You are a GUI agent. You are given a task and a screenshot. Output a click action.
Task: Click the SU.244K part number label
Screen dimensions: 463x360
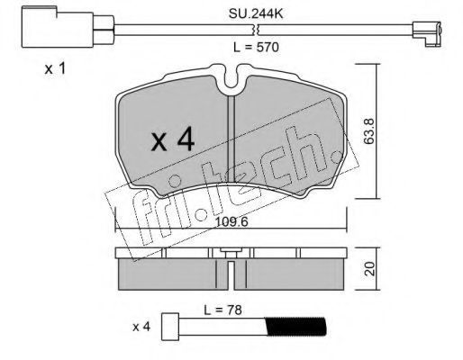coord(256,13)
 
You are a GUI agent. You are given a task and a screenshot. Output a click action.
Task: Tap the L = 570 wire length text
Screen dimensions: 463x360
coord(256,47)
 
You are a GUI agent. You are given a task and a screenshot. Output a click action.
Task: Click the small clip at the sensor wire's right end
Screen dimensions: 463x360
coord(427,34)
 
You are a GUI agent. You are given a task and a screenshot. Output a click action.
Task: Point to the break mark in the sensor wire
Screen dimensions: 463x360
coord(256,30)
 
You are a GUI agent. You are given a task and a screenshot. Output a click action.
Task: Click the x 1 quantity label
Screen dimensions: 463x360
coord(55,69)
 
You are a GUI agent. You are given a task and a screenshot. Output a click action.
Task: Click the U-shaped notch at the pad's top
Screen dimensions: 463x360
coord(231,78)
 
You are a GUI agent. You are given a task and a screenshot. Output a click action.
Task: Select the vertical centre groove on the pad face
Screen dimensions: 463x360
coord(231,139)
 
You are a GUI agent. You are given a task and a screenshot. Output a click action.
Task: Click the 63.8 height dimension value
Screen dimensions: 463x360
coord(368,131)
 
